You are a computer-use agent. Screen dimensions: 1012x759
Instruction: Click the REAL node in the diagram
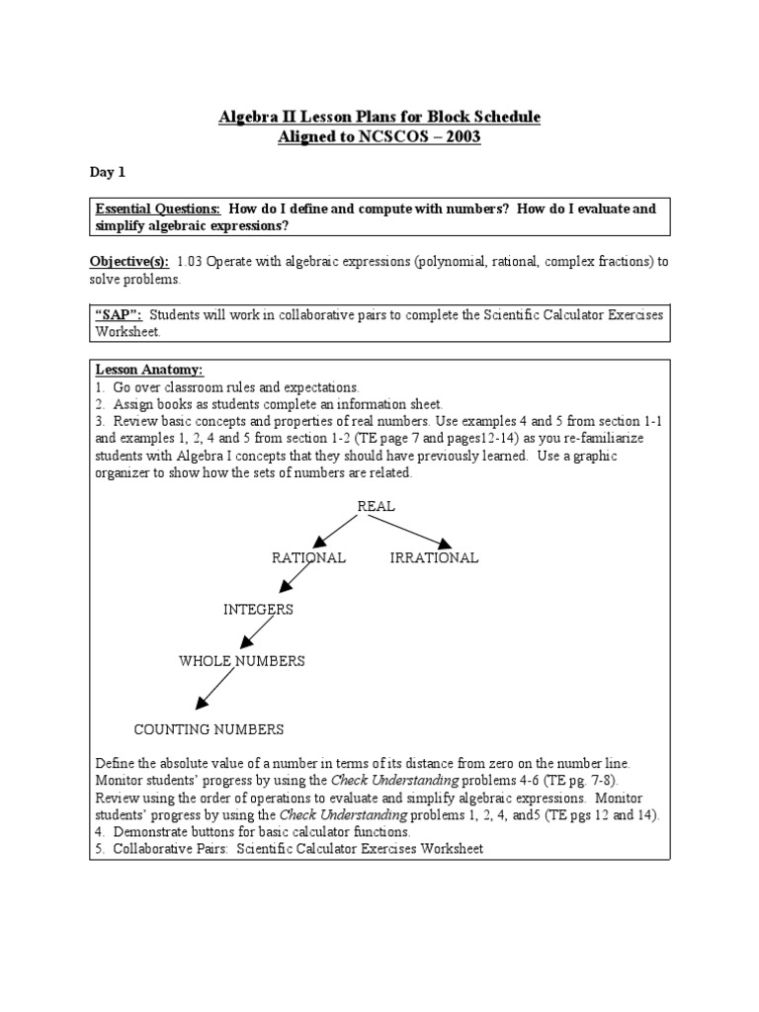(x=376, y=506)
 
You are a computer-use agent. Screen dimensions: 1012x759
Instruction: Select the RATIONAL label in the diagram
(x=308, y=557)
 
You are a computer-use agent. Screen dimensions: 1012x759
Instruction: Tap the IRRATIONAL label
(x=434, y=557)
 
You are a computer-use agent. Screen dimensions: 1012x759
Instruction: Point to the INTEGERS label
(x=258, y=609)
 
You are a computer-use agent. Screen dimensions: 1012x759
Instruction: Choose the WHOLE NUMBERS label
(x=241, y=660)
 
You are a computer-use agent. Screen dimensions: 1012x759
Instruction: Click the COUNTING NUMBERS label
(x=209, y=729)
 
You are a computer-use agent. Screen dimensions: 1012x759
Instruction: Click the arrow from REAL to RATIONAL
(x=335, y=531)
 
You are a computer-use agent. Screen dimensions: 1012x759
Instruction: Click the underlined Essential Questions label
(x=157, y=210)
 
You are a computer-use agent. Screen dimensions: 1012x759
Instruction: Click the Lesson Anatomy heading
(x=149, y=370)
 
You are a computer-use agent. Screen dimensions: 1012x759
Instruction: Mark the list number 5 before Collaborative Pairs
(x=99, y=849)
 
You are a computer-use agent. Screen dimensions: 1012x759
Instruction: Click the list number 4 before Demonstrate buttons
(x=99, y=832)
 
